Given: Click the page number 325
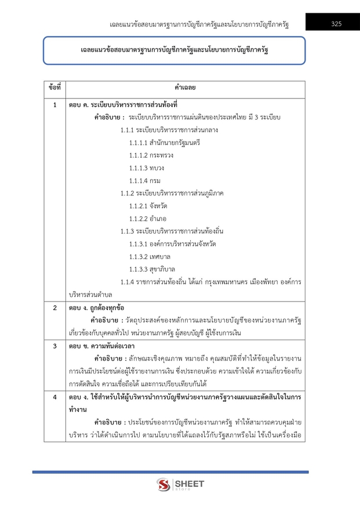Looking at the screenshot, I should (x=336, y=24).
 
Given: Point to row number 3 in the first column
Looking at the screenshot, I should (x=54, y=346).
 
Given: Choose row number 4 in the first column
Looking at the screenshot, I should (x=54, y=398).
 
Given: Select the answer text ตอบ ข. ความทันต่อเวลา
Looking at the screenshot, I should (x=101, y=346).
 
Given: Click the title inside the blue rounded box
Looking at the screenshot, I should (x=174, y=51).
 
